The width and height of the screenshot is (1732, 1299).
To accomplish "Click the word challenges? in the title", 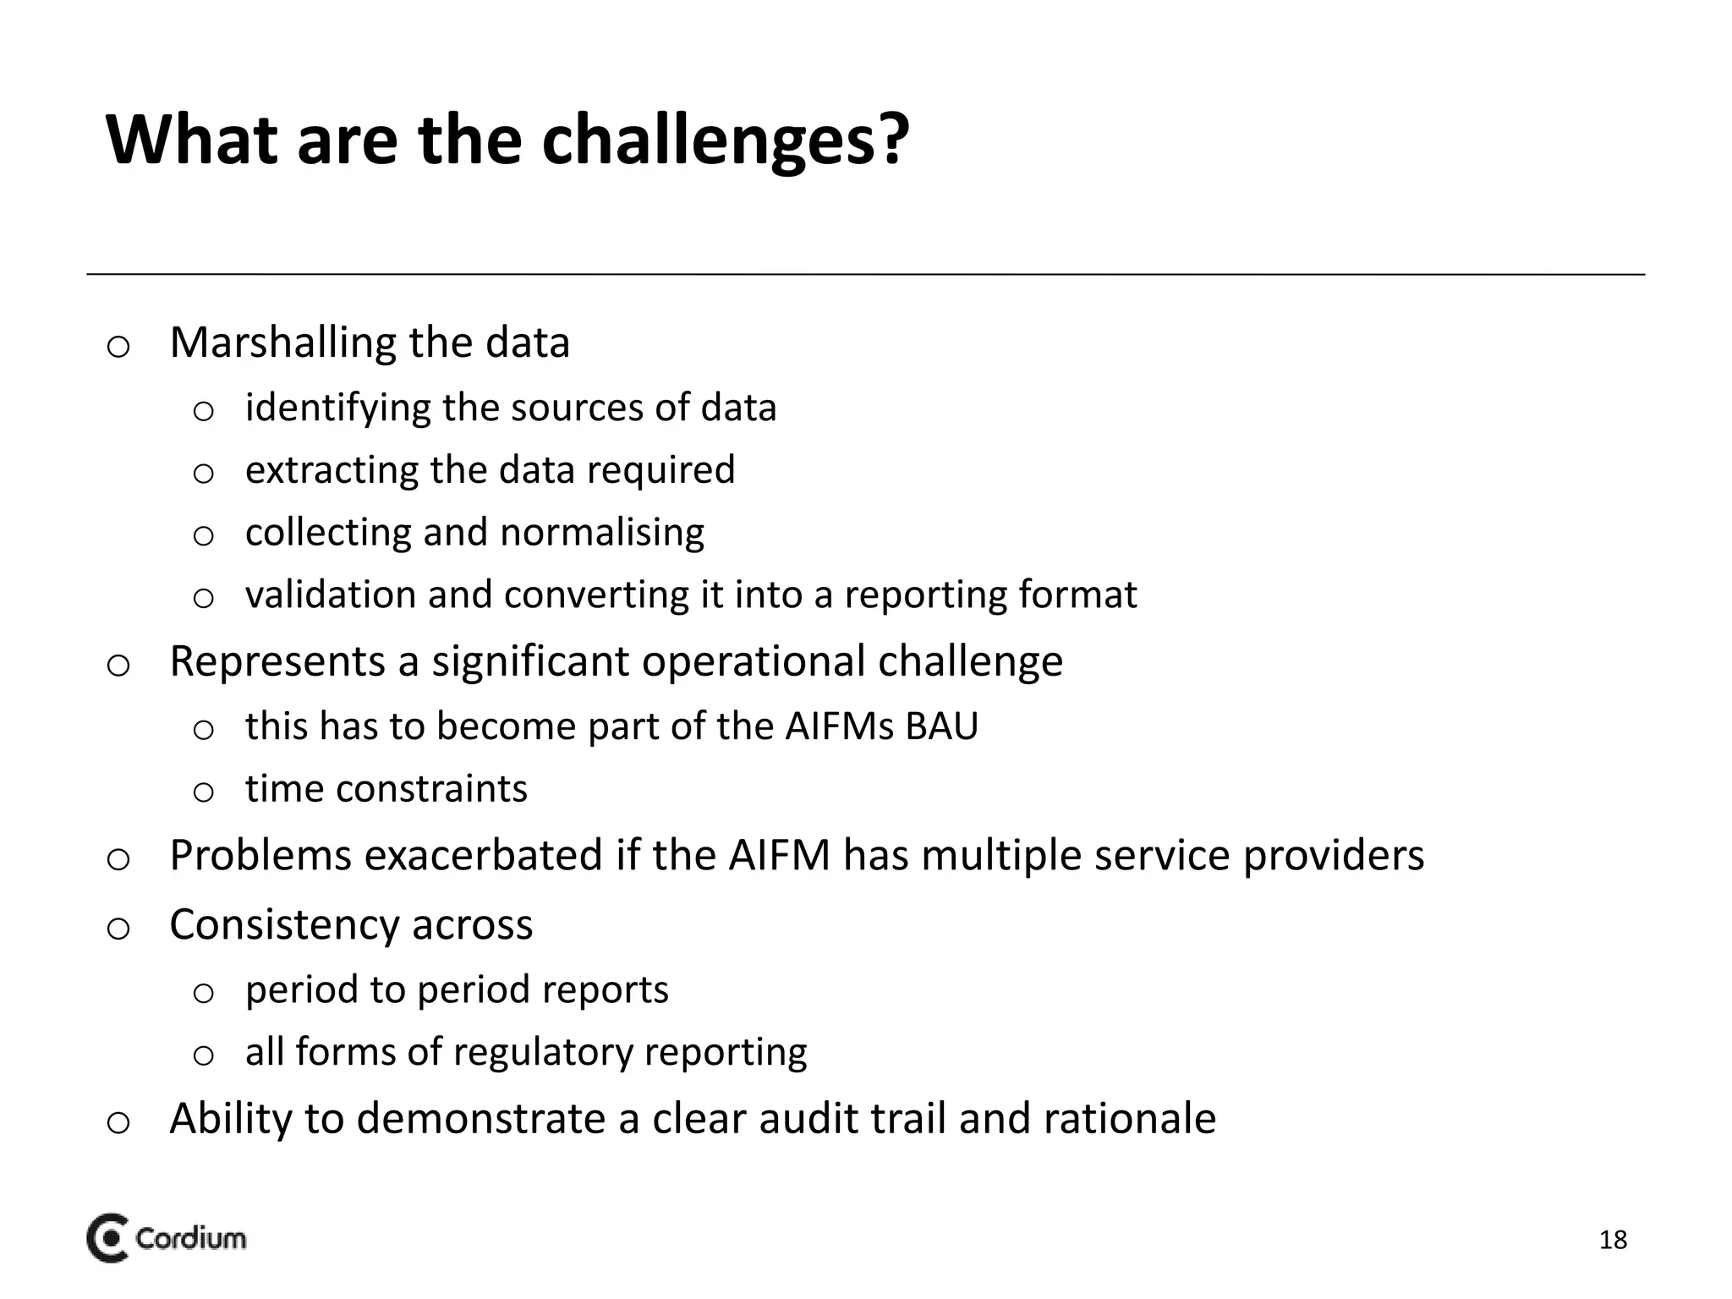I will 725,140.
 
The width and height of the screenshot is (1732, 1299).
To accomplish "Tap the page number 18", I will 1613,1240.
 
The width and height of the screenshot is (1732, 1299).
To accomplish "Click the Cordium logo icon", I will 107,1239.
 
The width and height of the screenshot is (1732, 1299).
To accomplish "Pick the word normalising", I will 601,533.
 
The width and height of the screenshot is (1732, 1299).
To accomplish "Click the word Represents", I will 277,661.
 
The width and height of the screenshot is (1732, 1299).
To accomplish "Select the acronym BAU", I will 941,726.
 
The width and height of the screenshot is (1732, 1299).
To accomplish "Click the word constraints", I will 431,789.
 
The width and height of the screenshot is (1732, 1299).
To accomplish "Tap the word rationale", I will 1130,1119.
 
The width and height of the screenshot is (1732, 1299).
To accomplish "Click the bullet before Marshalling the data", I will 118,347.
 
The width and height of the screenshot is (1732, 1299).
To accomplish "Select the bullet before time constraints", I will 203,792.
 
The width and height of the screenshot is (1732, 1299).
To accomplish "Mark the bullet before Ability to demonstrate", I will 118,1123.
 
